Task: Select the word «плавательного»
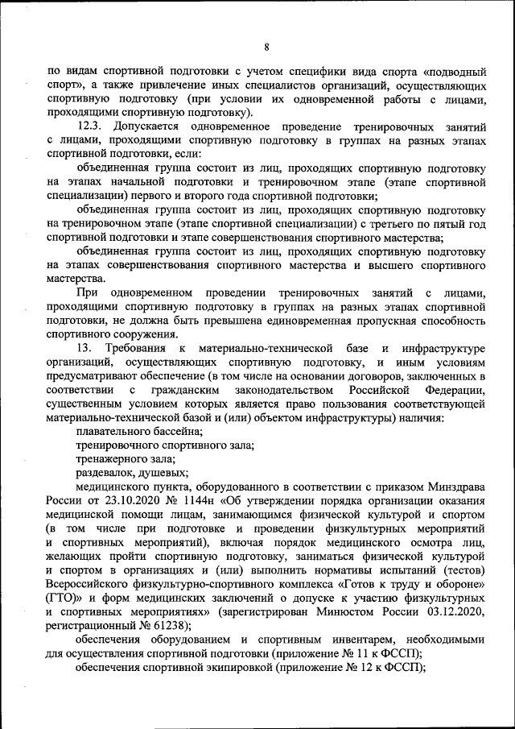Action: point(110,432)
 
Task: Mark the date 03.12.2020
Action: point(454,613)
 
